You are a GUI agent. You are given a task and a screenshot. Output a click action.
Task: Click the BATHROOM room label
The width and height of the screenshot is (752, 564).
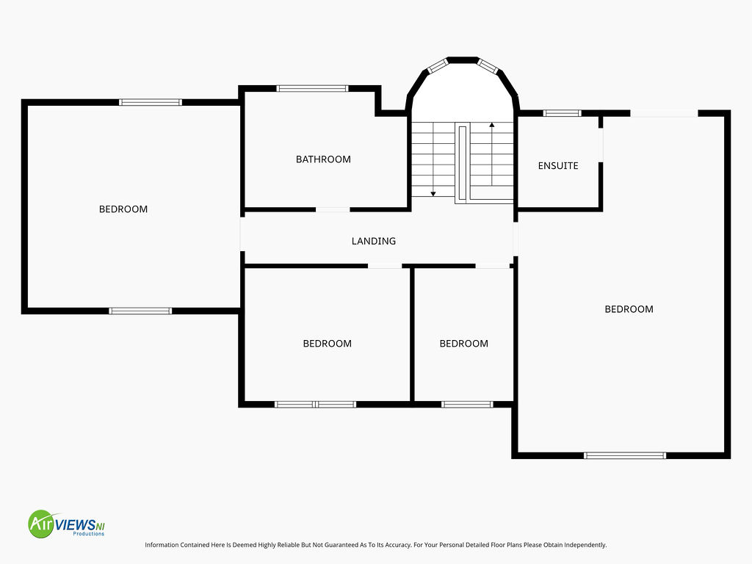tap(323, 159)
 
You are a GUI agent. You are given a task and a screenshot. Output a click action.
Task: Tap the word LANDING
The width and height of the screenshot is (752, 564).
tap(374, 241)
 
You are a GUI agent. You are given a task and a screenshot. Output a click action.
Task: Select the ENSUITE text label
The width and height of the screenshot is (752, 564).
tap(558, 166)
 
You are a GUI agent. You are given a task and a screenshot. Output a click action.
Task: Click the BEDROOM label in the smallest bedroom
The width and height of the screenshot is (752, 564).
tap(464, 344)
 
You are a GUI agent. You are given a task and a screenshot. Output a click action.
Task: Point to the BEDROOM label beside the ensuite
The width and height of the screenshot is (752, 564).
tap(629, 309)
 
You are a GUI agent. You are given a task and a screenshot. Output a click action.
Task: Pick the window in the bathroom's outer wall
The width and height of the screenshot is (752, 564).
tap(312, 88)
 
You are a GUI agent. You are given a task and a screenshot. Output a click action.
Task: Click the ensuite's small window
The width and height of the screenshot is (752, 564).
tap(562, 113)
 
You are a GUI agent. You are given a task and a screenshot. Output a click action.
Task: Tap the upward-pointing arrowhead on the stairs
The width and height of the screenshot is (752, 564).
tap(491, 125)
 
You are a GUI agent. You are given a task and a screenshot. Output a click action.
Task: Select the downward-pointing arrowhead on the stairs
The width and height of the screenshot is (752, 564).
tap(433, 194)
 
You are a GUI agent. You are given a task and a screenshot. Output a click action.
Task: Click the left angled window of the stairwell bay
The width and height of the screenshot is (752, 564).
tap(438, 65)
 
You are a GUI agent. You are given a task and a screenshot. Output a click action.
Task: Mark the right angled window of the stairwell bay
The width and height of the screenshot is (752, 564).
tap(488, 65)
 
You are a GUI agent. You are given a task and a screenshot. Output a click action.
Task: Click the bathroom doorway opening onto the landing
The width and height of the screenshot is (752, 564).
tap(333, 209)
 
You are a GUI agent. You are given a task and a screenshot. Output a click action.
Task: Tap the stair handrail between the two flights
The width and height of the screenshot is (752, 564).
tap(463, 162)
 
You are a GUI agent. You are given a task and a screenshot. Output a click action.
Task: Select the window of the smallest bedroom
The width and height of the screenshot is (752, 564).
tap(467, 405)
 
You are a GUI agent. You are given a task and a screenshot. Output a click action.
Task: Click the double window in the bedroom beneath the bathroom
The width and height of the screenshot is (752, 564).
tap(315, 405)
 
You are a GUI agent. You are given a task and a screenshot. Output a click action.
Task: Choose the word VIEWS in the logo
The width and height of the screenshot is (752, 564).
tap(75, 524)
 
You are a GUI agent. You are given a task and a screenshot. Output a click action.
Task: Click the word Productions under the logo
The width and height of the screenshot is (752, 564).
tap(88, 534)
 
